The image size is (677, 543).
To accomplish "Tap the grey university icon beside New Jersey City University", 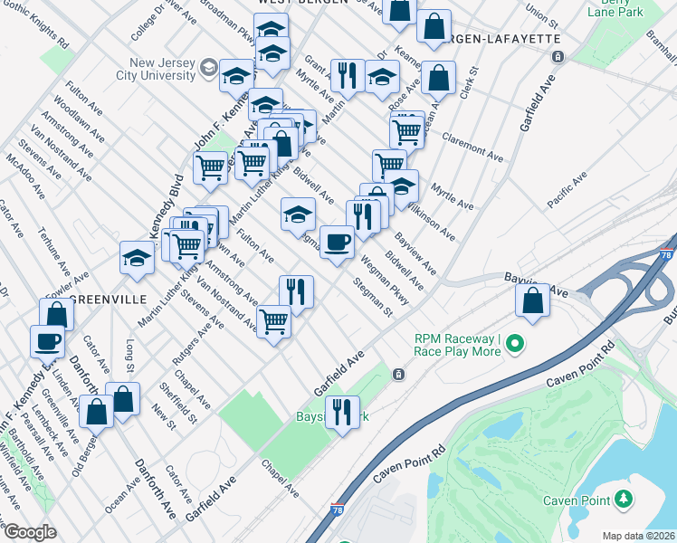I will [x=208, y=68].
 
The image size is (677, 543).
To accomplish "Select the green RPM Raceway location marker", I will [x=516, y=343].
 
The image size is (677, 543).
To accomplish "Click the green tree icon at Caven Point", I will [x=623, y=499].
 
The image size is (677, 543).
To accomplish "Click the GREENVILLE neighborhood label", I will [x=109, y=300].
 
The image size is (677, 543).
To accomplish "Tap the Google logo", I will [x=29, y=532].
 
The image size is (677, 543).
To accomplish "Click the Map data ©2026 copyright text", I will [x=637, y=536].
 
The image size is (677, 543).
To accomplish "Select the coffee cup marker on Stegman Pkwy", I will [x=337, y=242].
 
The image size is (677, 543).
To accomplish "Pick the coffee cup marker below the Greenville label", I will [x=47, y=342].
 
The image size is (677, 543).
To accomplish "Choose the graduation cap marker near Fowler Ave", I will [x=138, y=258].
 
